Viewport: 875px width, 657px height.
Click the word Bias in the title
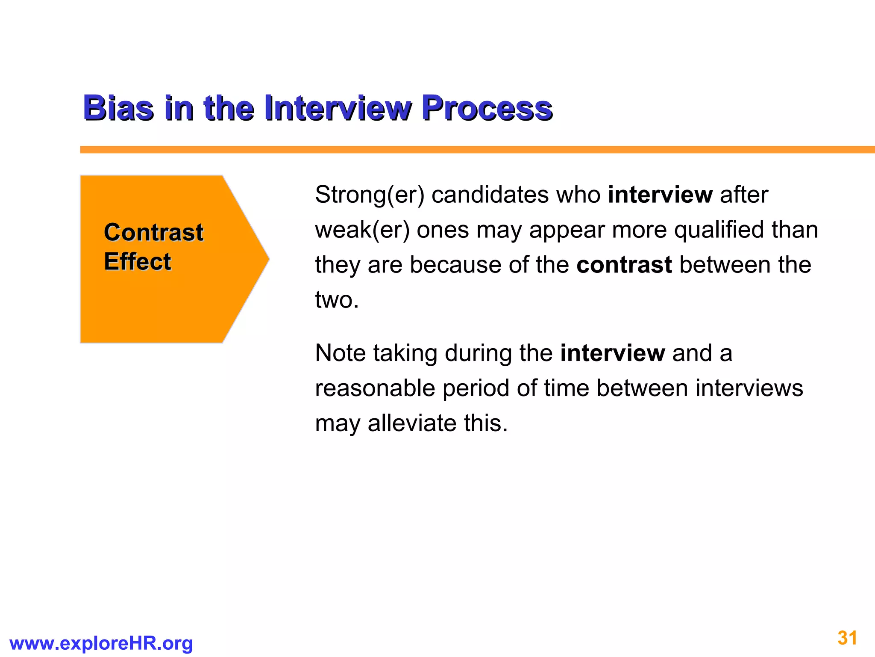(118, 108)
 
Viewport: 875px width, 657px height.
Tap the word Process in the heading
(487, 108)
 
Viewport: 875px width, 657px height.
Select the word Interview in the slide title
(338, 108)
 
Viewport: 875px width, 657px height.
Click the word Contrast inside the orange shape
(153, 233)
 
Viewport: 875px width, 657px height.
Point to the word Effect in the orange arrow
(137, 261)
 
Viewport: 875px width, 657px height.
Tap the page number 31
(847, 638)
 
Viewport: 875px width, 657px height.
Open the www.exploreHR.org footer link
(101, 643)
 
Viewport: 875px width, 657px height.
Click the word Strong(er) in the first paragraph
(370, 195)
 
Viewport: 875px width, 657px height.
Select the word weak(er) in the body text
(362, 230)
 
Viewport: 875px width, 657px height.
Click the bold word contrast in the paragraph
(624, 265)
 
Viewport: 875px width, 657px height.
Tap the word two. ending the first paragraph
(337, 300)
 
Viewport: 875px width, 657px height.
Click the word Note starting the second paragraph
(341, 353)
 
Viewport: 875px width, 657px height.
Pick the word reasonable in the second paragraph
(375, 388)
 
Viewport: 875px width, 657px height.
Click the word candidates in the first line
(490, 195)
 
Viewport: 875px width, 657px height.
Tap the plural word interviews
(749, 388)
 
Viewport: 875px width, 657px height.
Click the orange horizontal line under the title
(470, 150)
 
